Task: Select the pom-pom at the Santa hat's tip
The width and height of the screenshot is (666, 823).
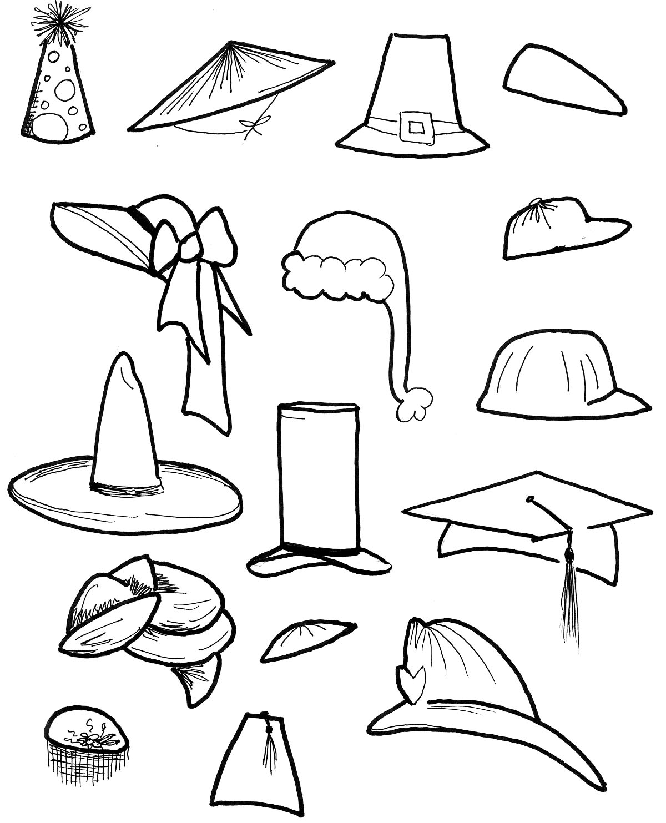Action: (x=413, y=403)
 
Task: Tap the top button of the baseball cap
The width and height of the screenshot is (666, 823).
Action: (x=537, y=204)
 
